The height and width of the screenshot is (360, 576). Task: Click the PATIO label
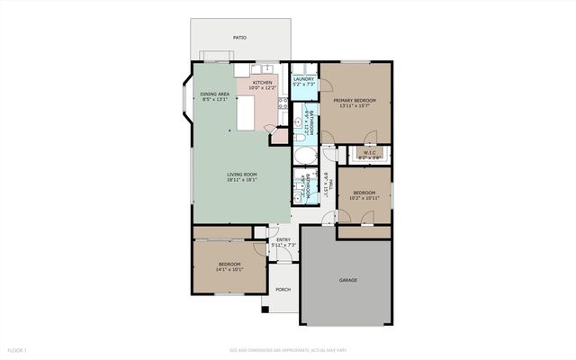[x=239, y=38]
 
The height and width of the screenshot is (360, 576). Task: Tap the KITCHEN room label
[x=263, y=83]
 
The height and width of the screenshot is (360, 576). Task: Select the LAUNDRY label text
[x=303, y=79]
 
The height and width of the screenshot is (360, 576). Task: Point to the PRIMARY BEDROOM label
[x=357, y=100]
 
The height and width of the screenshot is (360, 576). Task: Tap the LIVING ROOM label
[x=242, y=174]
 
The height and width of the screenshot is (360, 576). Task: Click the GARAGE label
[x=348, y=280]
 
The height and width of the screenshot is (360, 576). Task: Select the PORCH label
[x=283, y=289]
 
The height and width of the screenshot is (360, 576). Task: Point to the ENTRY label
[x=283, y=239]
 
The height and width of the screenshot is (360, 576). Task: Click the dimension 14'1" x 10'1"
[x=229, y=269]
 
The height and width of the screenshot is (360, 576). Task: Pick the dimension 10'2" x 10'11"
[x=364, y=197]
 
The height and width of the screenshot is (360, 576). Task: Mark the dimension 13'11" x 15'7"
[x=357, y=106]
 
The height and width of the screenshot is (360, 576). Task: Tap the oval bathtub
[x=303, y=154]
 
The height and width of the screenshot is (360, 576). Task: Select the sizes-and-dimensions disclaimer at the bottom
[x=287, y=349]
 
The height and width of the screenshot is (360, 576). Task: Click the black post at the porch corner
[x=265, y=310]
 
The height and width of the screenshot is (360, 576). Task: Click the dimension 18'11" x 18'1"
[x=242, y=180]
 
